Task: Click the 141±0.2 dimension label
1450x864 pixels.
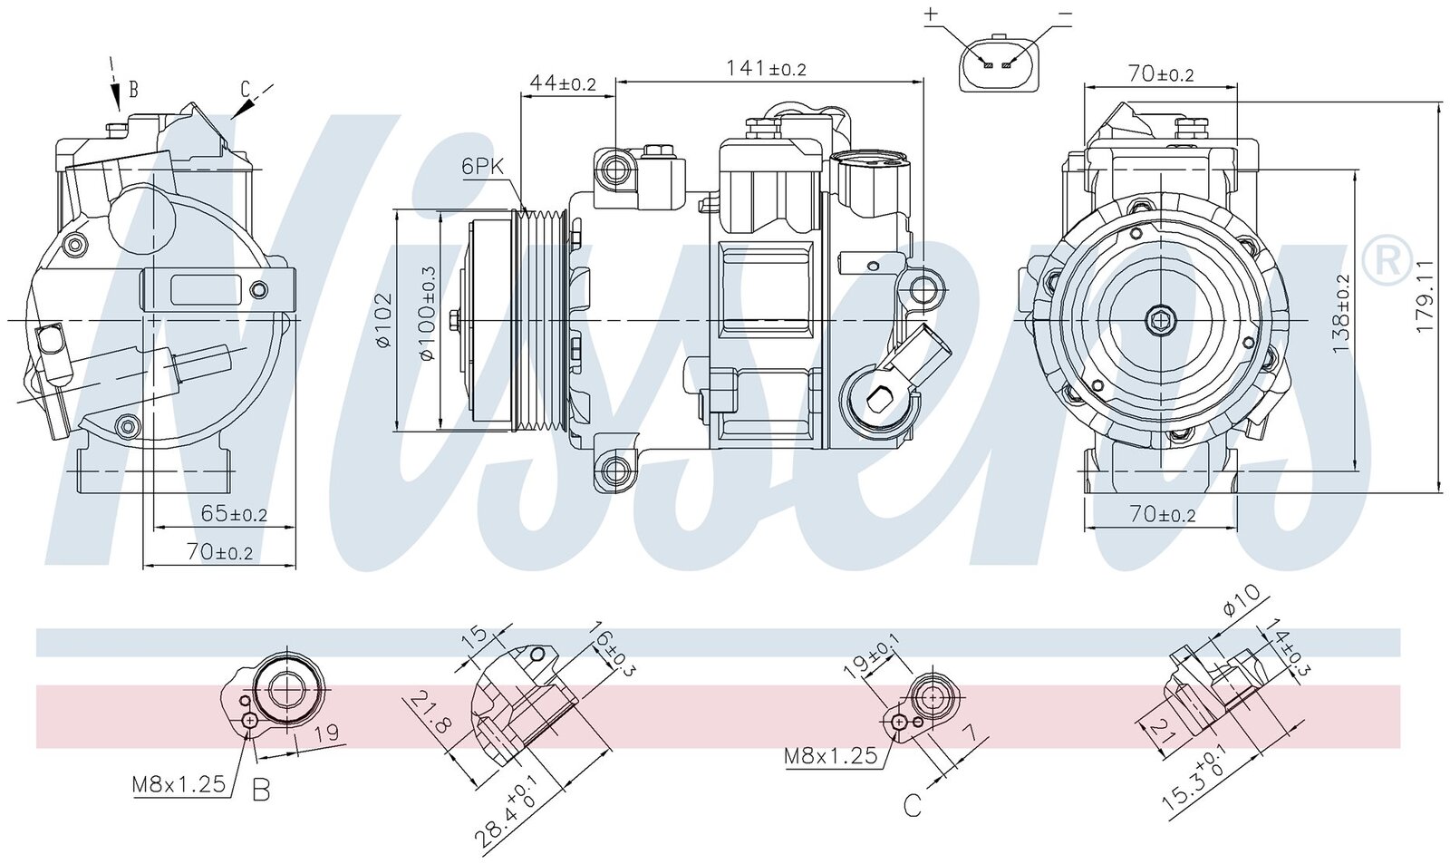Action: pos(766,68)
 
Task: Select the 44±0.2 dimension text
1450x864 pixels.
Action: pos(563,83)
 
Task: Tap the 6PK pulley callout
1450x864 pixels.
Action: pos(482,166)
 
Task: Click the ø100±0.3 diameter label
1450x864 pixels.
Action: pos(428,314)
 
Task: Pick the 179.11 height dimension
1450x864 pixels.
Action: pos(1426,296)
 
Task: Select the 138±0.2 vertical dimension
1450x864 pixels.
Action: pos(1342,313)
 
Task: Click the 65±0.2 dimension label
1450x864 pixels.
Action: pos(234,514)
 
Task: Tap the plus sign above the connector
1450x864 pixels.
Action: pos(932,14)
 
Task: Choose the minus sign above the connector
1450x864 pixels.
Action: pos(1065,14)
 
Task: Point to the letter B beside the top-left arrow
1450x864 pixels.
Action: pos(133,89)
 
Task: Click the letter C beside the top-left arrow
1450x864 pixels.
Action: pos(245,88)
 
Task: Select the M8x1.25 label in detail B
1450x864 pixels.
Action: pos(179,784)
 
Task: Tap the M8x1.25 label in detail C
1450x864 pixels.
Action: pos(831,755)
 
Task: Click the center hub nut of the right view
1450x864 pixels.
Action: pos(1159,318)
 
